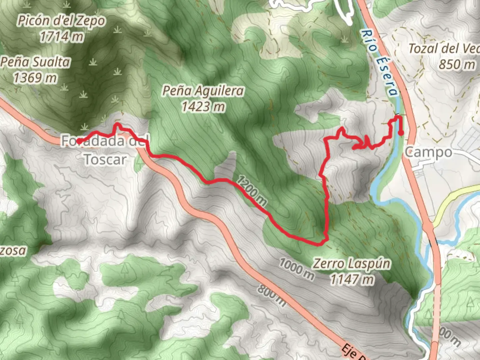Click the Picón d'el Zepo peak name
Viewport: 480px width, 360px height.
(61, 21)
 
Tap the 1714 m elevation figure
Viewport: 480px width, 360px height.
(62, 36)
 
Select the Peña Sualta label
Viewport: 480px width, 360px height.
(36, 62)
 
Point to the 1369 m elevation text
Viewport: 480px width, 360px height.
(35, 78)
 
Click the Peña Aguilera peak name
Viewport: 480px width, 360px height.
(203, 91)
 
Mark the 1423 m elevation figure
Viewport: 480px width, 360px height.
(203, 107)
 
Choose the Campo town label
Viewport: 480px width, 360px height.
(428, 153)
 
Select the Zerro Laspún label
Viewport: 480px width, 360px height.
(351, 264)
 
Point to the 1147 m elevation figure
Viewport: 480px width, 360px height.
(352, 279)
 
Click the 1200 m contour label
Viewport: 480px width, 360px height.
(252, 191)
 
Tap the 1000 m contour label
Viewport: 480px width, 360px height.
(296, 269)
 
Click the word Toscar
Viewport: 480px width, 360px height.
(105, 159)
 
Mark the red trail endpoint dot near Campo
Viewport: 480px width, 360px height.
(401, 133)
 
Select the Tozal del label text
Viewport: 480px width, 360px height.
(443, 49)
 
